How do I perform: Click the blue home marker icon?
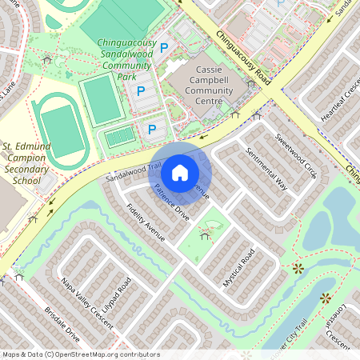pos(180,172)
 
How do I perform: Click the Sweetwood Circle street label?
pos(296,155)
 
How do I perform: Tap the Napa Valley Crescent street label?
pos(87,301)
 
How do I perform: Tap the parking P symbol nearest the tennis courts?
pos(152,129)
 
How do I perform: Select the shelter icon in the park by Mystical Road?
pos(206,236)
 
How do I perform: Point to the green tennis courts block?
pos(121,138)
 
